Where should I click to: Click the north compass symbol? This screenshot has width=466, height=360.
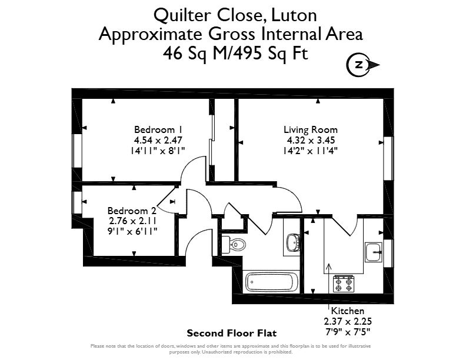[x=362, y=65]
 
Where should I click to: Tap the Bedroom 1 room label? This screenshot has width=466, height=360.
[x=158, y=130]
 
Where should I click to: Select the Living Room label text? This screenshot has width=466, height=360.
[x=311, y=130]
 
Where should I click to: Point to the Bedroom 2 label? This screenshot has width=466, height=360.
[x=132, y=211]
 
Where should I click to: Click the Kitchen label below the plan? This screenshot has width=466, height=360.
[x=347, y=311]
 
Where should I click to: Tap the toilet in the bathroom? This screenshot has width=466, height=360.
[x=234, y=244]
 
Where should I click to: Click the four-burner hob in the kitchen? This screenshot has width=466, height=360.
[x=344, y=284]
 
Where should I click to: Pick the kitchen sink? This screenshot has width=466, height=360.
[x=374, y=252]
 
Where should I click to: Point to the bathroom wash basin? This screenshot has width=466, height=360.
[x=292, y=242]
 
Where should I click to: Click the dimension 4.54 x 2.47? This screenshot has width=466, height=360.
[x=158, y=140]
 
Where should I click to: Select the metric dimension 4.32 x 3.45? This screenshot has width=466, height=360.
[x=311, y=140]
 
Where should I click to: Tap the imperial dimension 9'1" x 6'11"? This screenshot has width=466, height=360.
[x=132, y=231]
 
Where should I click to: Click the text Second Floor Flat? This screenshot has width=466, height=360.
[x=231, y=334]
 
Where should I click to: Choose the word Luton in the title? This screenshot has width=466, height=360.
[x=294, y=15]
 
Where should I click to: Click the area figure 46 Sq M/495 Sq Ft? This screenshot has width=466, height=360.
[x=235, y=54]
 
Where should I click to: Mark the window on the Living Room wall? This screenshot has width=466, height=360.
[x=388, y=158]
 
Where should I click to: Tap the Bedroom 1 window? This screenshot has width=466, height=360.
[x=77, y=151]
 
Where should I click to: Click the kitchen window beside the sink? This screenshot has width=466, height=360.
[x=388, y=253]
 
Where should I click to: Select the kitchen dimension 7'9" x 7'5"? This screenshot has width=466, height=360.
[x=348, y=332]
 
